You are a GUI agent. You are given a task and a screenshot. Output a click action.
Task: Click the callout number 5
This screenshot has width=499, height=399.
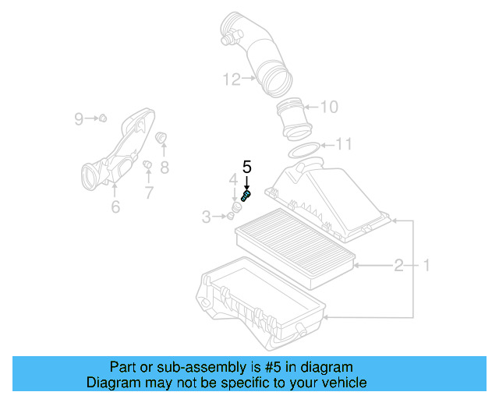[x=247, y=166]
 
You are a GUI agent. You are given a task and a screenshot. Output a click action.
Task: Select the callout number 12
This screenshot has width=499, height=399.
[x=230, y=78]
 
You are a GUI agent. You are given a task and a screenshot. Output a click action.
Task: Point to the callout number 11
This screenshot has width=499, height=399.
[x=343, y=143]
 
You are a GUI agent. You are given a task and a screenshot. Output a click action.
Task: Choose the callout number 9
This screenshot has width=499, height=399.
[x=79, y=118]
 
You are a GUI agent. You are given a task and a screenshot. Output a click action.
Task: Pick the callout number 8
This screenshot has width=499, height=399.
[x=165, y=167]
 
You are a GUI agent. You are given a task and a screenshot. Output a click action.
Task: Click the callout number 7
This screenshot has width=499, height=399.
[x=148, y=192]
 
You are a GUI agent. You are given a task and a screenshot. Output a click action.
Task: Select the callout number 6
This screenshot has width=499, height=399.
[x=115, y=207]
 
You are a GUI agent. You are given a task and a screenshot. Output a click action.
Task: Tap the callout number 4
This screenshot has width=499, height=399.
[x=232, y=181]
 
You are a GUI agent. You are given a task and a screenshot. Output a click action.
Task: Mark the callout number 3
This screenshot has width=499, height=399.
[x=207, y=217]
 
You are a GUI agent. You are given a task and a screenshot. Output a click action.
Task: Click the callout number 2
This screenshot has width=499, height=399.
[x=398, y=266]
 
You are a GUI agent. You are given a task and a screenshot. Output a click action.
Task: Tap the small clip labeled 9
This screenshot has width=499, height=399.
[x=101, y=118]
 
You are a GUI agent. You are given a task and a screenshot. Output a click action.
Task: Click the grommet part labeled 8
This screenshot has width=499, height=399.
[x=163, y=139]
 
